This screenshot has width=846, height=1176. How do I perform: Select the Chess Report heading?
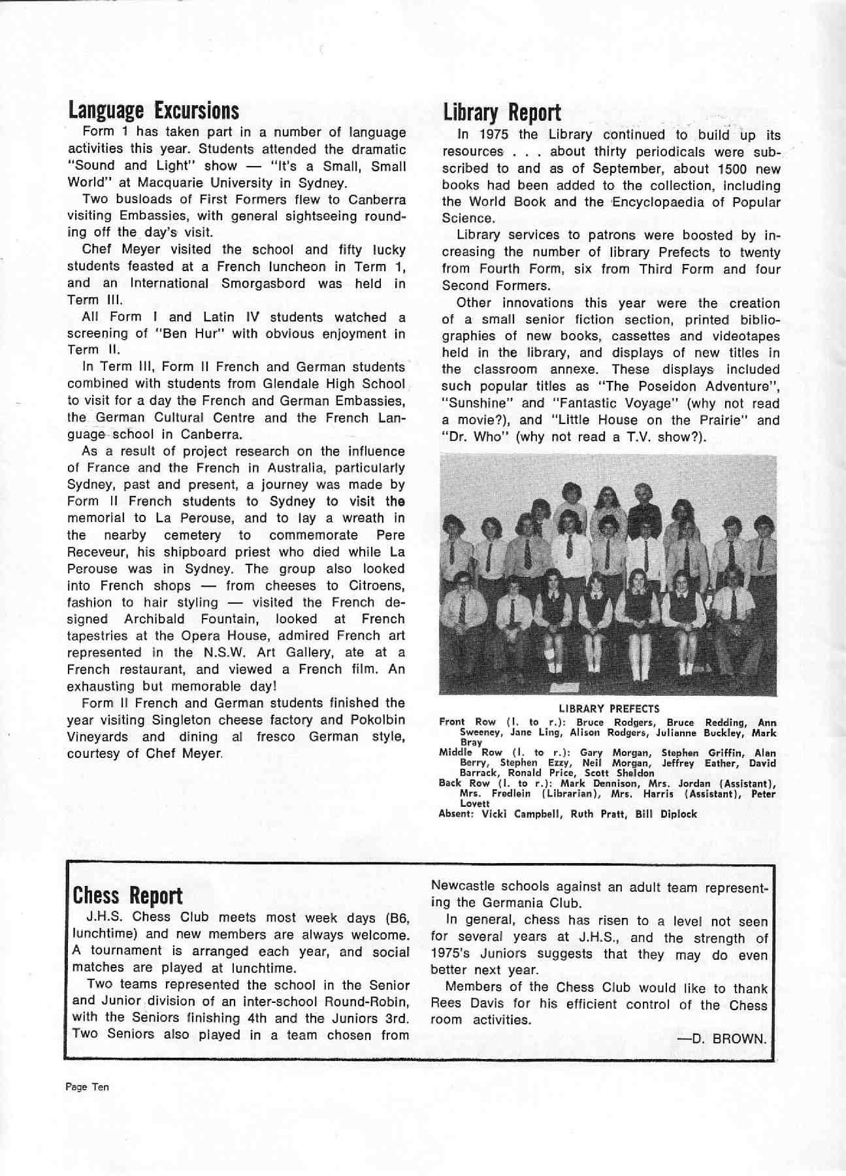128,896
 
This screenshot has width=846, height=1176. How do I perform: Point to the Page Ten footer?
87,1087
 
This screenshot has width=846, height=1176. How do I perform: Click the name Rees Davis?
463,1004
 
